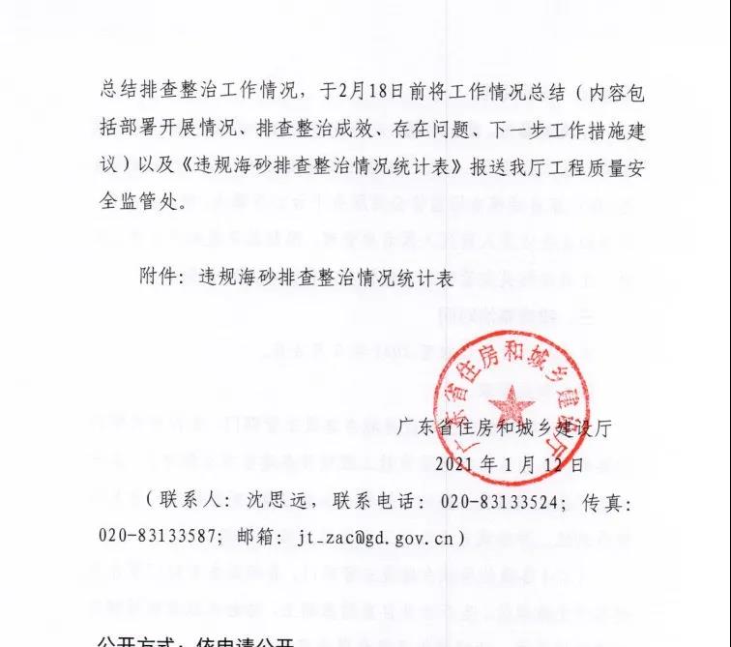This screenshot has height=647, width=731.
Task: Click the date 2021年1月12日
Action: point(509,463)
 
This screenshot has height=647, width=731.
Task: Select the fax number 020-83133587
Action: point(185,533)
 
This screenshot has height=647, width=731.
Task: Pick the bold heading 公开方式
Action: point(141,640)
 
